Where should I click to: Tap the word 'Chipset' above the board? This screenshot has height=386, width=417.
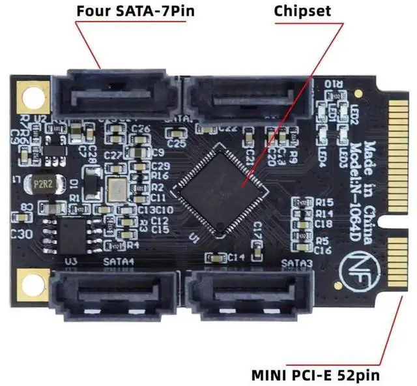point(302,11)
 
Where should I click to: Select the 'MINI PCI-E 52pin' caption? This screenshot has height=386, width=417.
point(315,375)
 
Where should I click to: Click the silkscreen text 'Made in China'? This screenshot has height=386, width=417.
point(369,175)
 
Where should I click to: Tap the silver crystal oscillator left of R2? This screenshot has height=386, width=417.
point(118,189)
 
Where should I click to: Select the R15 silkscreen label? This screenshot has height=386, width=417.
point(324,202)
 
